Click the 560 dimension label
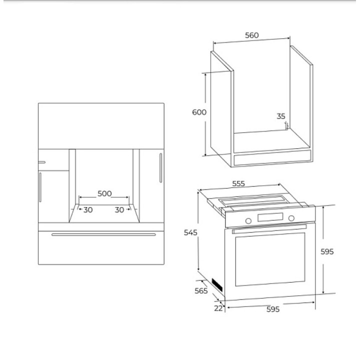click(252, 35)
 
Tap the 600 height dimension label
click(199, 112)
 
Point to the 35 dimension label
click(281, 116)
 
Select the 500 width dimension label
click(104, 193)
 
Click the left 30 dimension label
click(88, 210)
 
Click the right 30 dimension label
click(119, 210)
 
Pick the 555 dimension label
click(238, 183)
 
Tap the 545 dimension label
click(190, 232)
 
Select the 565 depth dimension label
click(201, 290)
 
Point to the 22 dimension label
click(218, 308)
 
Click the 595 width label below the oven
click(273, 309)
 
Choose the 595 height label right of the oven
click(327, 251)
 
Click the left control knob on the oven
click(248, 221)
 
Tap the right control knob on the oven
click(291, 218)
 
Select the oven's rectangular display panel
click(270, 217)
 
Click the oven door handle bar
click(269, 229)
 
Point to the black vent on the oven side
click(217, 285)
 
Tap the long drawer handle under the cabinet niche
click(103, 234)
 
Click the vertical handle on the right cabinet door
click(160, 168)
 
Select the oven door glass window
click(270, 259)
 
